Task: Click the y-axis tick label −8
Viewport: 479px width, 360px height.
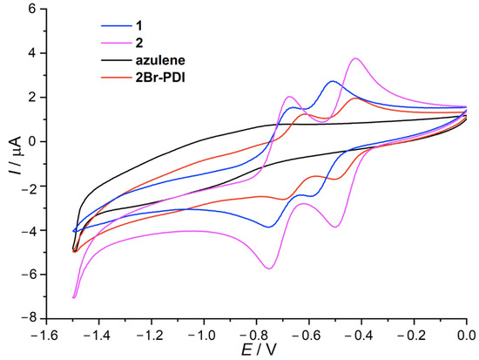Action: (x=30, y=320)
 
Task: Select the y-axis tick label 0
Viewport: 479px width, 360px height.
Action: (x=33, y=141)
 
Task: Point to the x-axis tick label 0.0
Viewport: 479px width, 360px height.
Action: (x=466, y=335)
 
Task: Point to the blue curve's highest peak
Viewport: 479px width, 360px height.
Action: (x=332, y=81)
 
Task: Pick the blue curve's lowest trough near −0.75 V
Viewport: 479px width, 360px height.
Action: (x=269, y=227)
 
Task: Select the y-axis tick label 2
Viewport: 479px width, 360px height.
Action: (x=33, y=97)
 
